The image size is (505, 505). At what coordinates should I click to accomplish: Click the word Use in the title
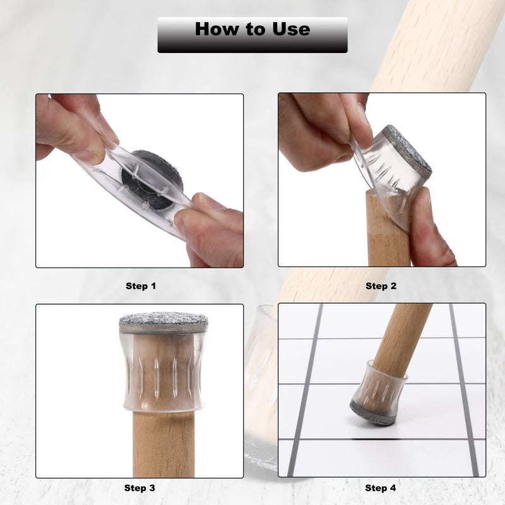[291, 29]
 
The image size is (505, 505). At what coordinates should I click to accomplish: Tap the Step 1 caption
[141, 286]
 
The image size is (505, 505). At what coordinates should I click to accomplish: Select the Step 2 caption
[381, 286]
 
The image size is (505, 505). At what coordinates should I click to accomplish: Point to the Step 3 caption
[140, 488]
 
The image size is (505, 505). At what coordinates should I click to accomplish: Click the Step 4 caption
[381, 488]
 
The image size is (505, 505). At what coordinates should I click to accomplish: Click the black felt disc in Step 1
[151, 181]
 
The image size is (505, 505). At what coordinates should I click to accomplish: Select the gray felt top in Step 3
[163, 321]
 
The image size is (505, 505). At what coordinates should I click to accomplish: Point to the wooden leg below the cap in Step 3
[163, 444]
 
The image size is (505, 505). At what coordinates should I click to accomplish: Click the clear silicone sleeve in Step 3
[163, 371]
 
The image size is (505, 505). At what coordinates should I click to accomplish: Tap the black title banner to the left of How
[175, 35]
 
